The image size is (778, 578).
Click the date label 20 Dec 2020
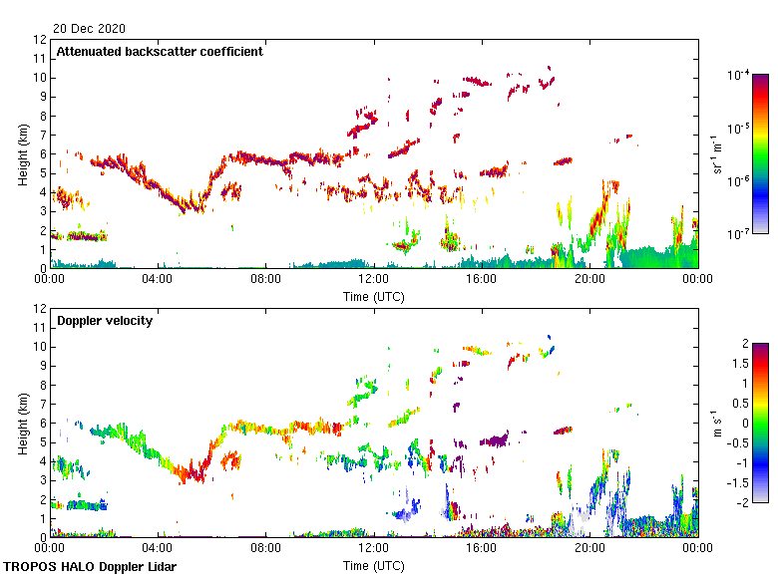91,29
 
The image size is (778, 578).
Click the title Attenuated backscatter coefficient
160,52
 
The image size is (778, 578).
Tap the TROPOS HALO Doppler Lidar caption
97,567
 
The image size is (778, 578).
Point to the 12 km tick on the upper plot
41,40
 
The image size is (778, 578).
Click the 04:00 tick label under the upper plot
158,280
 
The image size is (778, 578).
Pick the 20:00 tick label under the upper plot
588,280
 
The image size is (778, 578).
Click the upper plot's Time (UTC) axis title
373,296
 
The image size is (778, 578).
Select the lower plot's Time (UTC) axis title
373,565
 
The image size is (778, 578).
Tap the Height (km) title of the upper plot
23,154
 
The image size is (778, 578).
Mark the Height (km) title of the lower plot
23,424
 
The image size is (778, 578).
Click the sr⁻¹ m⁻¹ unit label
718,154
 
